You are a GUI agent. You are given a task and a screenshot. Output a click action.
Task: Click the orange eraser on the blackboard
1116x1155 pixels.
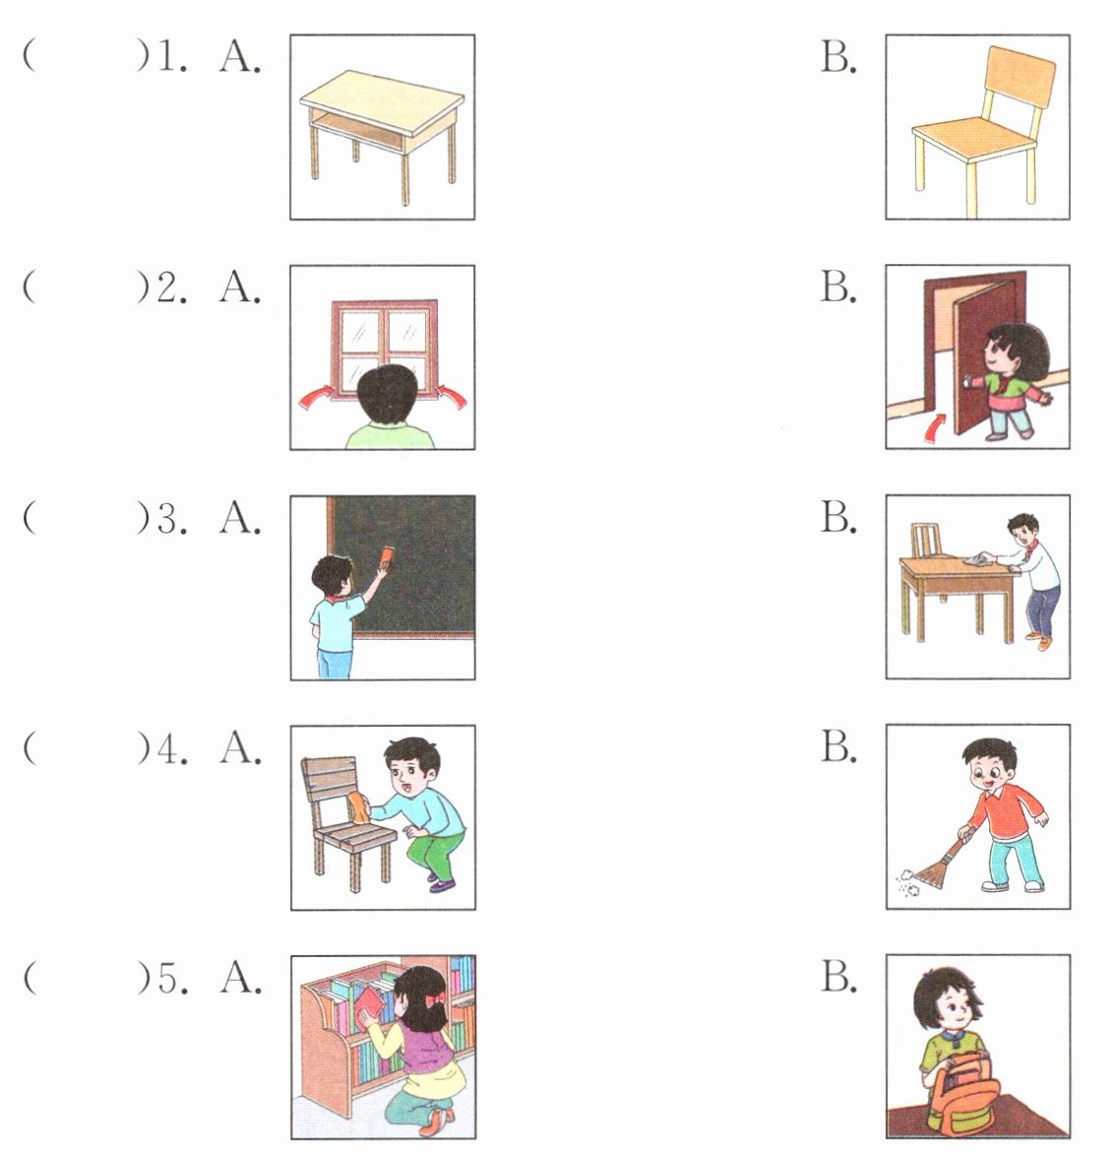pyautogui.click(x=388, y=556)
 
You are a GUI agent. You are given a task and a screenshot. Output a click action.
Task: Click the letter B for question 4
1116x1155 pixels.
pyautogui.click(x=838, y=746)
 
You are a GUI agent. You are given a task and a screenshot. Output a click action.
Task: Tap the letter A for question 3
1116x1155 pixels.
pyautogui.click(x=239, y=518)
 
